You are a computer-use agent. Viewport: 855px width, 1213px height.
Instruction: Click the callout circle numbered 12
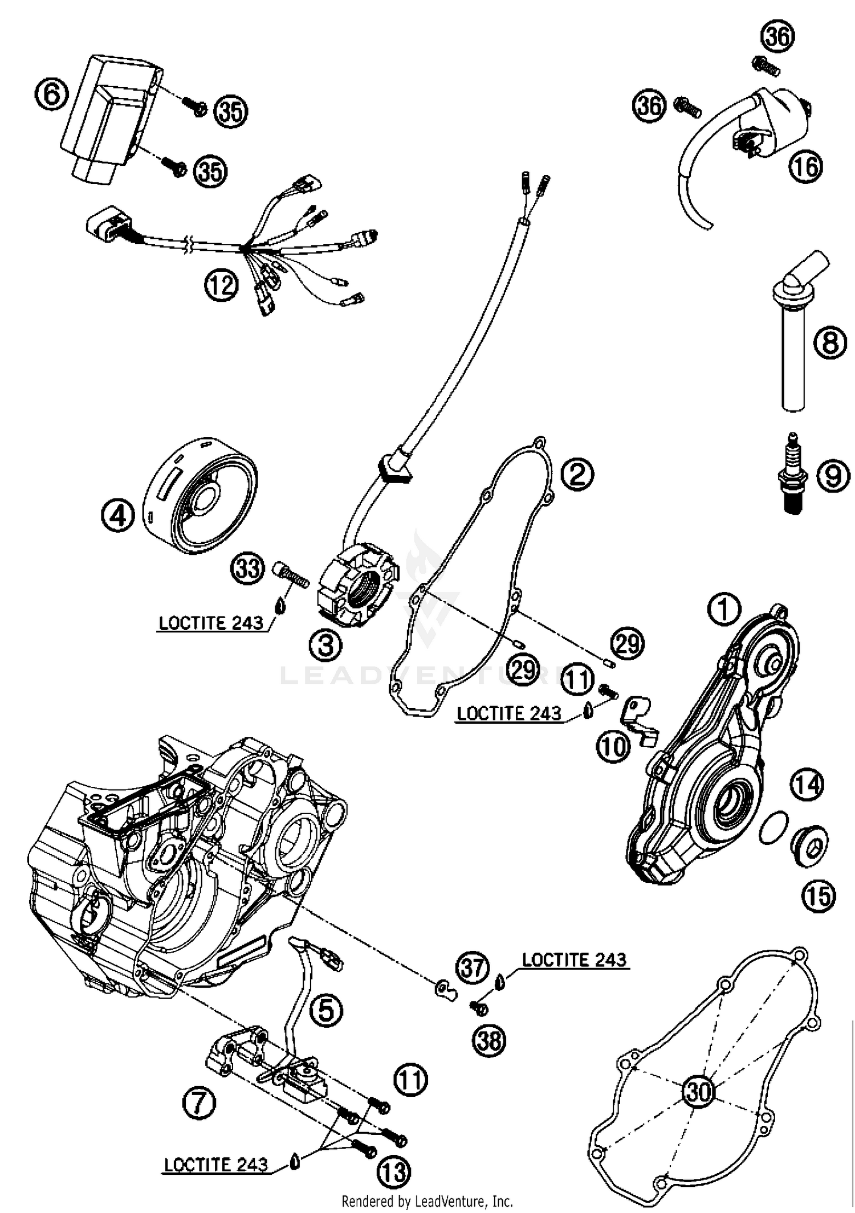(x=221, y=284)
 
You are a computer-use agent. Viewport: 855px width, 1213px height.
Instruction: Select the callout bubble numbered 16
(x=806, y=167)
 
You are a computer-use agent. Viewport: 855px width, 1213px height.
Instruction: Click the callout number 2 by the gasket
(x=577, y=474)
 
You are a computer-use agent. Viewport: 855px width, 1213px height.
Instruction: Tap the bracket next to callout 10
(x=637, y=719)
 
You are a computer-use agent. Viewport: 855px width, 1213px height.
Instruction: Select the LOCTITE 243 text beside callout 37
(x=574, y=959)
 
